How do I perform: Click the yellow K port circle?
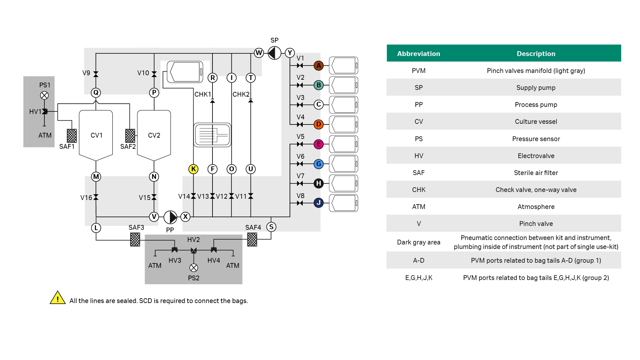coord(193,169)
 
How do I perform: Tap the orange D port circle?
coord(318,124)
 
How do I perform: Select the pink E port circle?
coord(318,144)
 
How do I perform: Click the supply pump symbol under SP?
coord(274,53)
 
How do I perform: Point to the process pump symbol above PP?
coord(170,217)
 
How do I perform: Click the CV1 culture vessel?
coord(96,135)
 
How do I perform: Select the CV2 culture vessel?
coord(154,135)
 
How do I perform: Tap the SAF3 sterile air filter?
coord(135,239)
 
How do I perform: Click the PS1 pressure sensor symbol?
coord(44,95)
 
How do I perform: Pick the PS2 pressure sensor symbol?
coord(194,268)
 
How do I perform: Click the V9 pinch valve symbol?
coord(96,74)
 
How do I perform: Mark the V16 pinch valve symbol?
coord(96,197)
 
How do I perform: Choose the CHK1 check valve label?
coord(203,94)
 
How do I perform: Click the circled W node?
coord(259,53)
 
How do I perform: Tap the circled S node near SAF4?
coord(271,227)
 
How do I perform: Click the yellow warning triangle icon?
coord(58,298)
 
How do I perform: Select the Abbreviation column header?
coord(419,53)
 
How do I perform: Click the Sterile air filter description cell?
coord(536,173)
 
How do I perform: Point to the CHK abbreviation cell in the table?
coord(419,190)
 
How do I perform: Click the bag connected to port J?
coord(343,203)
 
